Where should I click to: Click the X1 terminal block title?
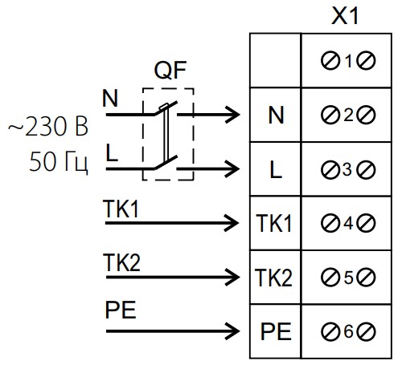(345, 16)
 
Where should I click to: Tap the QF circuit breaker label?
(170, 70)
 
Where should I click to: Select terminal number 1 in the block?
(348, 61)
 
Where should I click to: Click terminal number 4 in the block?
(348, 223)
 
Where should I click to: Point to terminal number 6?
(348, 331)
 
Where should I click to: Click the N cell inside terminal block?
(276, 116)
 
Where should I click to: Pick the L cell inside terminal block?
(276, 169)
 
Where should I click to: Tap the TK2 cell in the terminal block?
(273, 278)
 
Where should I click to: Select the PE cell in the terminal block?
(276, 331)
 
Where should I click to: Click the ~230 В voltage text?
(48, 127)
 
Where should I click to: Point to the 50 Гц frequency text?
(59, 161)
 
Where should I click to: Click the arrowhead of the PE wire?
(232, 331)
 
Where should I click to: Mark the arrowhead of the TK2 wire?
(232, 278)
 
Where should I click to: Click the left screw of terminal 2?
(330, 116)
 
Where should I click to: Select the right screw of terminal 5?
(366, 278)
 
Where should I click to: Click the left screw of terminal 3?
(330, 169)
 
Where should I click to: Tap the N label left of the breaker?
(110, 99)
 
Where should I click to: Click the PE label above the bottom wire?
(121, 310)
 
